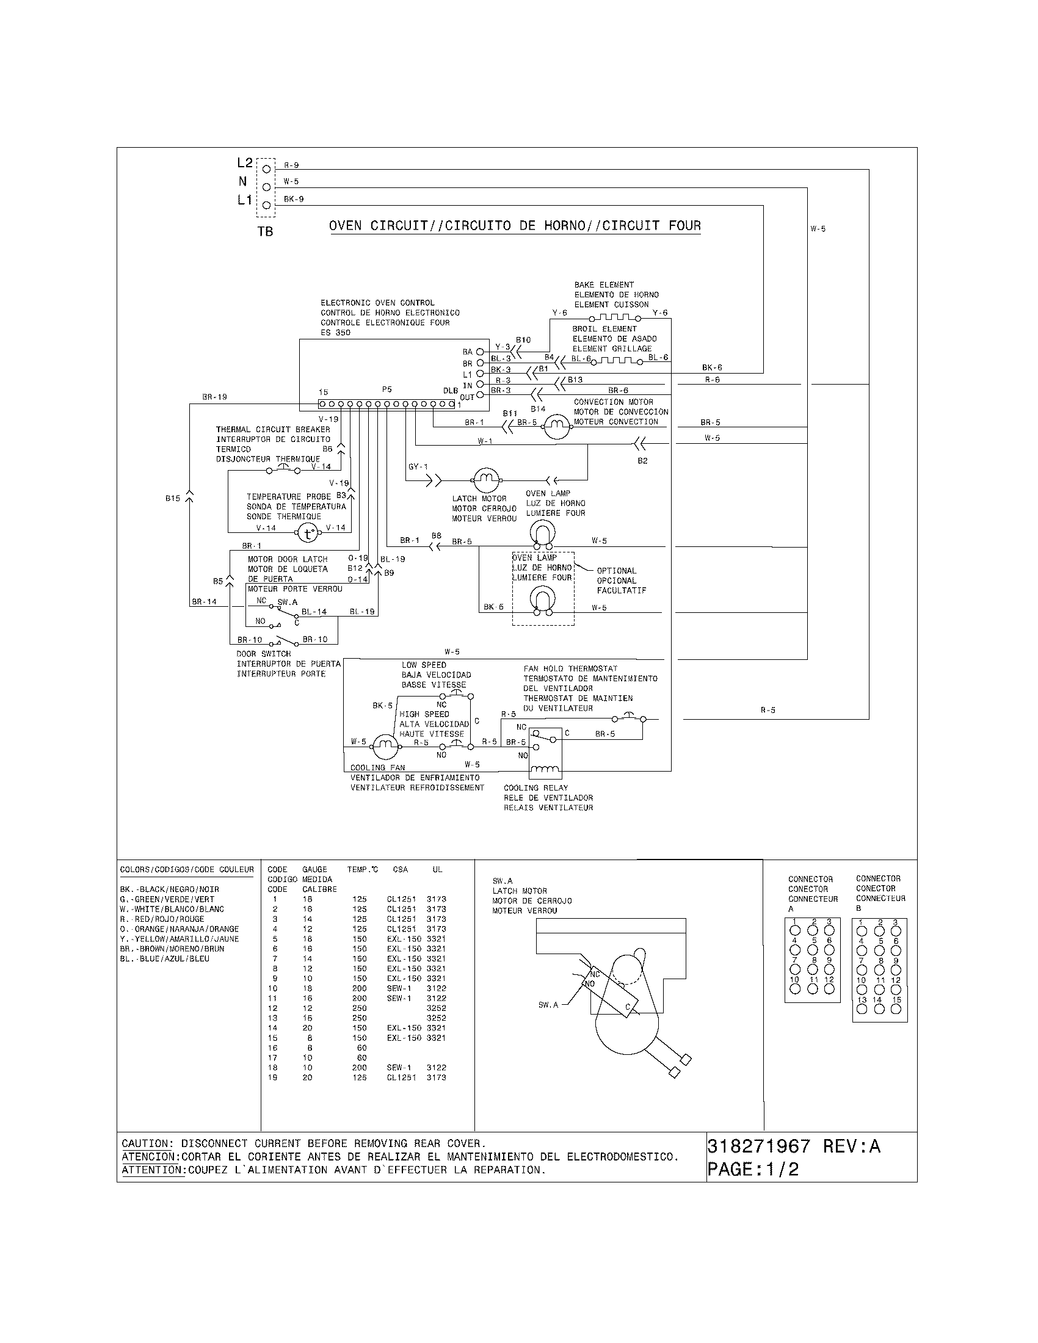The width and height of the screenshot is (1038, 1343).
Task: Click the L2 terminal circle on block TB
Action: pos(266,168)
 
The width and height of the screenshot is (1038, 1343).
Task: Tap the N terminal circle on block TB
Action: pos(266,186)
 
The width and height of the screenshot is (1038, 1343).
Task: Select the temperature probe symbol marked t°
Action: pos(308,533)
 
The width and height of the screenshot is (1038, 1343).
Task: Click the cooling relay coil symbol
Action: pos(545,769)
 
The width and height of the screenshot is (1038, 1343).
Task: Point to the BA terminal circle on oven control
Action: pos(480,352)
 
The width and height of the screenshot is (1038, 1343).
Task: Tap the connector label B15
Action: pos(173,498)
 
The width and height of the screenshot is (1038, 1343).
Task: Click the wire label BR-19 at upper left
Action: pos(214,397)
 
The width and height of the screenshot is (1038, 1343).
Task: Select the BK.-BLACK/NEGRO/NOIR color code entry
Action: pos(170,889)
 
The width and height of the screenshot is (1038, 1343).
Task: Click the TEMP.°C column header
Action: pos(362,869)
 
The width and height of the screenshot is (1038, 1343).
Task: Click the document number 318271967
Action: pos(759,1147)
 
